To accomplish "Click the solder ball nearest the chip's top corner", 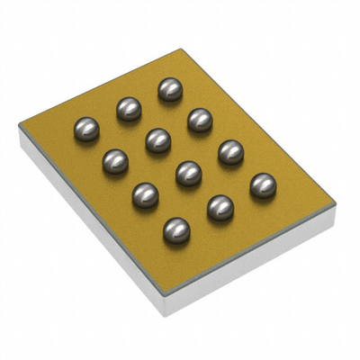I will [x=169, y=89].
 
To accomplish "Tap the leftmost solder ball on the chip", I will [x=85, y=129].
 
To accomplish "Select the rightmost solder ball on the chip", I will [x=262, y=185].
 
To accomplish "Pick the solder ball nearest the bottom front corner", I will [x=177, y=229].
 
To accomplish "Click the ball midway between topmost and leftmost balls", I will [x=129, y=109].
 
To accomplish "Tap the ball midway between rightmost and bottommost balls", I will [x=220, y=208].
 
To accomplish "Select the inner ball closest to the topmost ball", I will [x=157, y=139].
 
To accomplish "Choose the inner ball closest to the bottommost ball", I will [x=188, y=172].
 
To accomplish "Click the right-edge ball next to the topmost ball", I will [x=199, y=120].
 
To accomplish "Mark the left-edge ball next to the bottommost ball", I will [x=146, y=195].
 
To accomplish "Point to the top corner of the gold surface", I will [x=180, y=49].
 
